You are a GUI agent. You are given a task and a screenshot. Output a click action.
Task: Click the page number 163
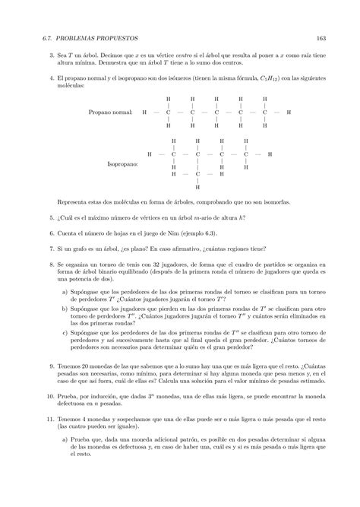(x=321, y=38)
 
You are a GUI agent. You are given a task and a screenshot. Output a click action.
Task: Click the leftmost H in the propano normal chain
(x=144, y=112)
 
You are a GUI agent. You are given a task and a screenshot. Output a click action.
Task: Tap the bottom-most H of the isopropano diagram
(x=197, y=186)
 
